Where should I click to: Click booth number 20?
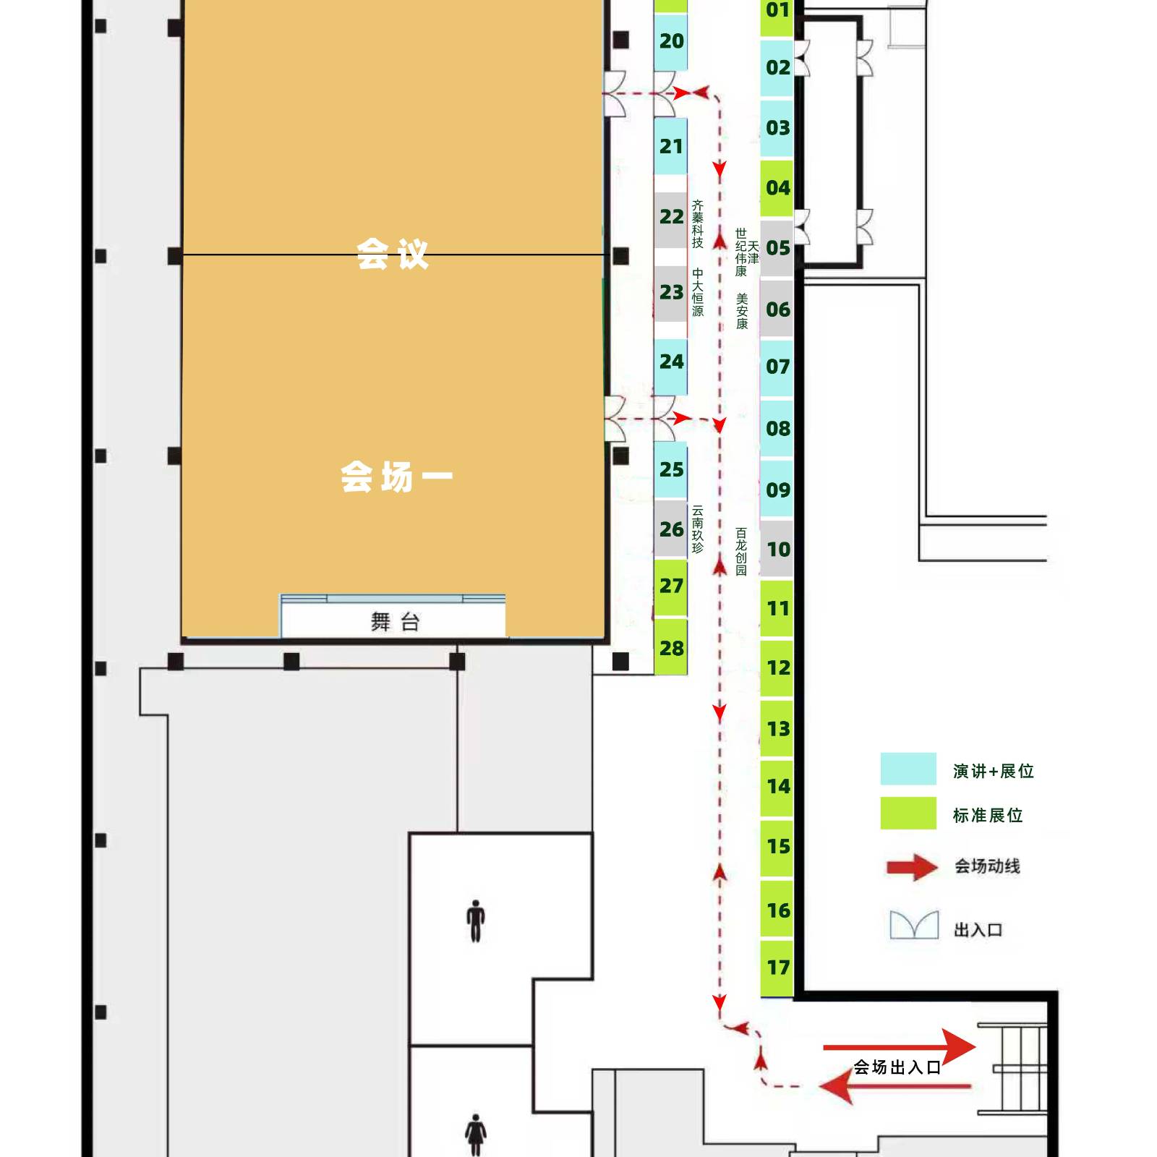[670, 41]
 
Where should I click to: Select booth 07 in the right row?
[777, 367]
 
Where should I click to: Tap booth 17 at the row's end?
[777, 968]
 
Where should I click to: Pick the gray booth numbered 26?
[670, 529]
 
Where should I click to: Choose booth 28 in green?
[670, 648]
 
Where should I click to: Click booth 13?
[777, 728]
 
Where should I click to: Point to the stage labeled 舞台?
[393, 619]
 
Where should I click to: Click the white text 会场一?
[396, 477]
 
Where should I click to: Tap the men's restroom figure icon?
[475, 921]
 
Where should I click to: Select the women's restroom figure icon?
[475, 1135]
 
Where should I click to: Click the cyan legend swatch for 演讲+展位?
[908, 769]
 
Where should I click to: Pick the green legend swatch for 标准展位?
[908, 813]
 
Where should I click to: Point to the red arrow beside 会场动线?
[913, 867]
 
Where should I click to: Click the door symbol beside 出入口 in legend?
[914, 925]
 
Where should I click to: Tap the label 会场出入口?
[897, 1067]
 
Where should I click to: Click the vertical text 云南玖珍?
[697, 529]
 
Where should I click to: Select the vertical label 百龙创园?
[741, 552]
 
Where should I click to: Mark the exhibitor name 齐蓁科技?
[697, 224]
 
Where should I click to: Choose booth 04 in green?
[777, 188]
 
